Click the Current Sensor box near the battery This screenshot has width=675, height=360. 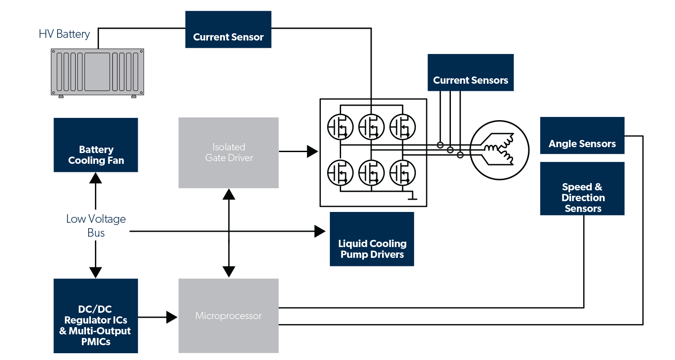pos(228,30)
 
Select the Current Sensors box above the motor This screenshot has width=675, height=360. pos(470,73)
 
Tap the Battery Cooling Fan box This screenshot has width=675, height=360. pos(96,145)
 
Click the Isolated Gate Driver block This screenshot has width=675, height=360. pos(229,153)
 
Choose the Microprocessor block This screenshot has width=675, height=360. pos(229,316)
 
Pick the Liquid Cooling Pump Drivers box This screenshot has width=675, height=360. pos(372,239)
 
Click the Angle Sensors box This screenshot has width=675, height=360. pos(582,135)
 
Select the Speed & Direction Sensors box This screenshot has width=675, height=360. pos(582,189)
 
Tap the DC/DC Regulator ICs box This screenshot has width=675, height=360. pos(96,316)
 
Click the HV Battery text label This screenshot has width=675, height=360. pos(64,34)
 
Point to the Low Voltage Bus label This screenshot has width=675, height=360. pos(96,226)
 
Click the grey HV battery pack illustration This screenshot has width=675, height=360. pos(98,72)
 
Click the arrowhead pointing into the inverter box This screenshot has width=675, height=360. pos(313,152)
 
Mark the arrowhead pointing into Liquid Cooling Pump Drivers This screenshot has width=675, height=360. pos(320,232)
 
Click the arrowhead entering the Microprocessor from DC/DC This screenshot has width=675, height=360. pos(172,317)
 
